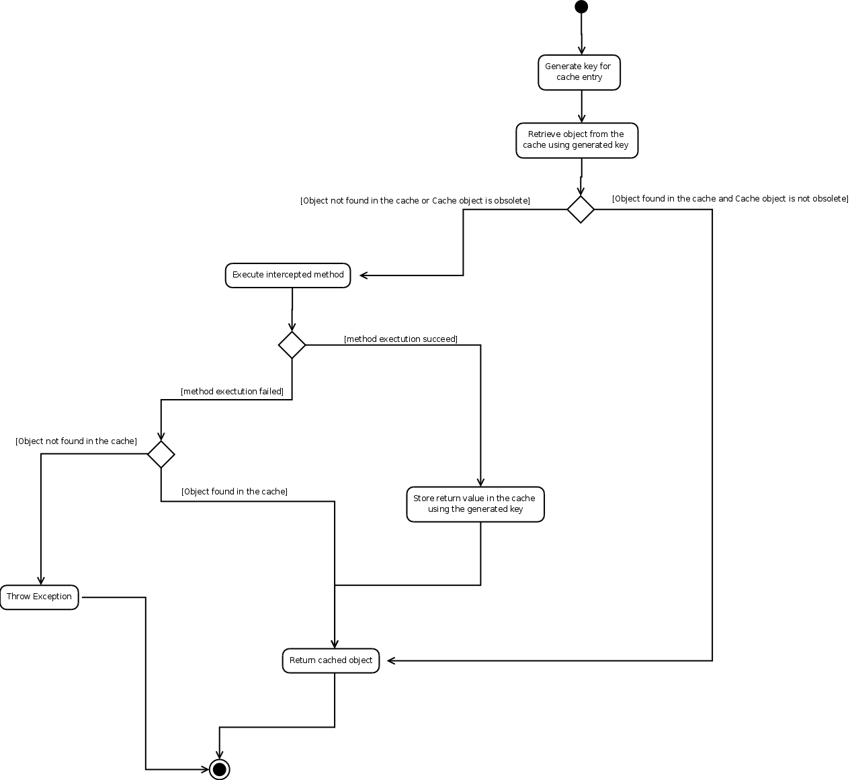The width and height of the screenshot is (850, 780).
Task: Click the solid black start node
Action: click(581, 7)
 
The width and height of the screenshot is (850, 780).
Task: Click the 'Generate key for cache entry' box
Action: click(579, 73)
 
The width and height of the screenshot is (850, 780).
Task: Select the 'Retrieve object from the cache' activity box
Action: click(577, 140)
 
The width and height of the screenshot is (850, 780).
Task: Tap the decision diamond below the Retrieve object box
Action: click(581, 210)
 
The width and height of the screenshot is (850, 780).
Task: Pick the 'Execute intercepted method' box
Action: click(288, 275)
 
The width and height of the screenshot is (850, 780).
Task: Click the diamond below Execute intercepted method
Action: click(292, 345)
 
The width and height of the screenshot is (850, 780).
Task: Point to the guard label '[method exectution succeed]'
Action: click(400, 339)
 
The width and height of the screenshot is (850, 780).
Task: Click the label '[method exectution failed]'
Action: click(232, 392)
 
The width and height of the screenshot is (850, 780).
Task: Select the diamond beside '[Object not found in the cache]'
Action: click(161, 454)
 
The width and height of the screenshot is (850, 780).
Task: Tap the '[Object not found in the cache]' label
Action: click(77, 441)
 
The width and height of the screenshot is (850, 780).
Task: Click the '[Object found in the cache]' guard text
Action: click(235, 492)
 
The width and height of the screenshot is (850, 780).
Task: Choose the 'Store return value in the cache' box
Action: click(475, 504)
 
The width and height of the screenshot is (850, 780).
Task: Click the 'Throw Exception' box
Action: click(40, 597)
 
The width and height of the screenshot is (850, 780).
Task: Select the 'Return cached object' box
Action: click(331, 660)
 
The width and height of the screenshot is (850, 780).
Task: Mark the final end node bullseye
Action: click(220, 769)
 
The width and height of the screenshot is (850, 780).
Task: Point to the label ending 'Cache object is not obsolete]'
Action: click(730, 199)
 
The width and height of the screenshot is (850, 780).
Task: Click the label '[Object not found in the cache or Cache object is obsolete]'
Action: click(415, 201)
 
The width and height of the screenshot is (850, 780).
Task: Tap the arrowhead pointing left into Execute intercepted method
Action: click(364, 275)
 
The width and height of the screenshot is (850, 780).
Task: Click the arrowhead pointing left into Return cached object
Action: click(391, 660)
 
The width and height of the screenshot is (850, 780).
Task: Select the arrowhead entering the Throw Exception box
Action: click(41, 580)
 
